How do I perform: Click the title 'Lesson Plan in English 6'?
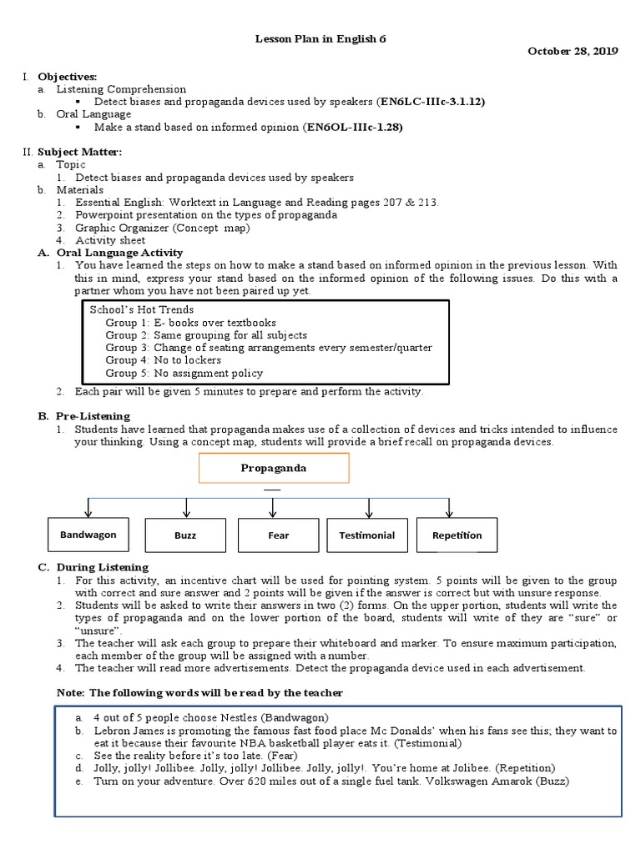click(x=320, y=38)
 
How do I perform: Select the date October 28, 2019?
click(x=573, y=52)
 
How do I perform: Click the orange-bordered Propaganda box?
click(x=273, y=468)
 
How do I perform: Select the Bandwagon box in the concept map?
click(x=88, y=535)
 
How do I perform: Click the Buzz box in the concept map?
click(x=185, y=535)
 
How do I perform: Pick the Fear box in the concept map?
click(x=278, y=535)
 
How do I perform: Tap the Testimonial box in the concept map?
click(x=366, y=535)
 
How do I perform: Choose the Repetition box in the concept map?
click(x=457, y=535)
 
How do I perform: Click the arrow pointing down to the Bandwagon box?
click(x=88, y=508)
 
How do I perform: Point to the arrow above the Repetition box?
click(x=450, y=508)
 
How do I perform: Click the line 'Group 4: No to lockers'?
click(x=163, y=360)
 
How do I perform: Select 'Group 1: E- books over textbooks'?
click(x=190, y=322)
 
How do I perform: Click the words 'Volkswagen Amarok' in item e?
click(x=497, y=781)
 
